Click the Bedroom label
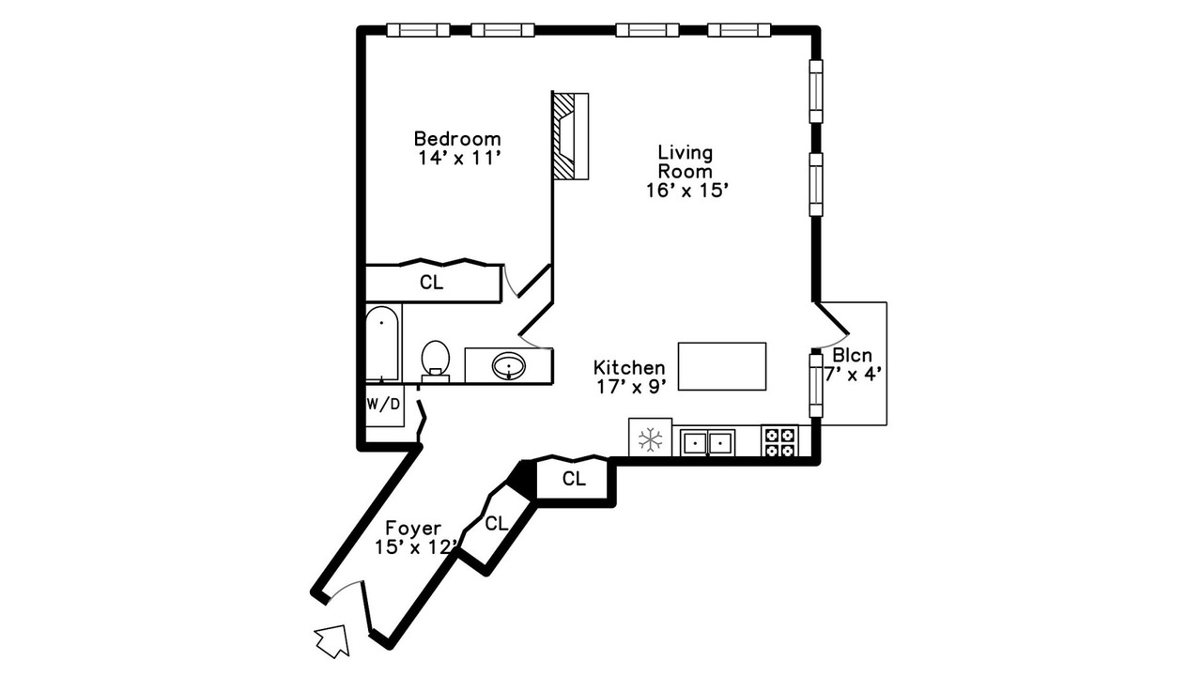point(457,139)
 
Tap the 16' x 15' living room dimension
point(687,191)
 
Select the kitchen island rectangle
point(722,366)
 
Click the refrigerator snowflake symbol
point(651,439)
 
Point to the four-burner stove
point(779,441)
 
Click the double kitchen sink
point(707,442)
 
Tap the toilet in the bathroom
point(435,361)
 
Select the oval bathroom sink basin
point(509,366)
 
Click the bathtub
point(382,344)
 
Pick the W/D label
point(383,405)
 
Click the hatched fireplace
point(570,136)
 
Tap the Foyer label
point(413,529)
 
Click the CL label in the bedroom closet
point(431,283)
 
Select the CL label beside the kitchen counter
point(574,479)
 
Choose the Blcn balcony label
point(852,355)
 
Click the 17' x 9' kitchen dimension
point(632,387)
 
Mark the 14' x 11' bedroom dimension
point(459,159)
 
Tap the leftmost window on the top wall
point(418,30)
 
